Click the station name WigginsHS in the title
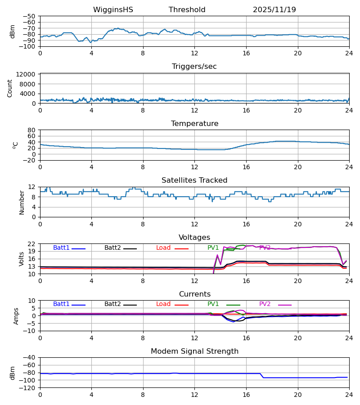coord(113,10)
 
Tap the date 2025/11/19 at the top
coord(274,10)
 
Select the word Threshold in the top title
coord(187,10)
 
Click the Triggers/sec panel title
coord(194,67)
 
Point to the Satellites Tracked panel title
coord(194,180)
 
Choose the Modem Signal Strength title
coord(194,351)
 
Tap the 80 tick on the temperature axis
coord(31,130)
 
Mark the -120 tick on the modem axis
coord(28,388)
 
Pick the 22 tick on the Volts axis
coord(31,244)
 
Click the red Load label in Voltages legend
coord(163,248)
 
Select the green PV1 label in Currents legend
coord(213,304)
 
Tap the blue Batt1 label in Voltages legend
coord(61,248)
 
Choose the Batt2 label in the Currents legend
coord(112,304)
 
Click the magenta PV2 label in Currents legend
coord(265,304)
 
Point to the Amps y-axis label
coord(16,316)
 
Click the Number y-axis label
coord(22,202)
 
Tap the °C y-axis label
coord(15,145)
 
